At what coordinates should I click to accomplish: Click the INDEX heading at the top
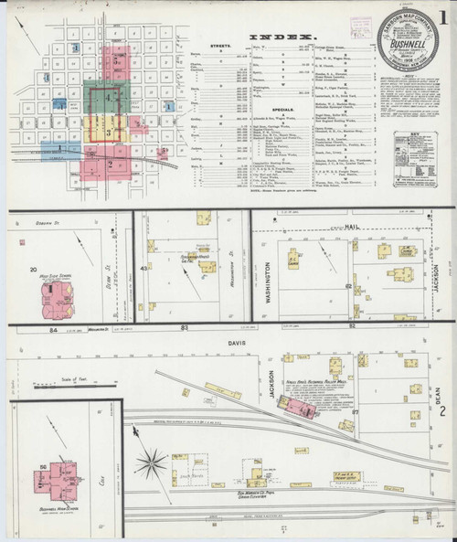(x=278, y=39)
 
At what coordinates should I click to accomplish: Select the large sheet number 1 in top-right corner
(x=442, y=16)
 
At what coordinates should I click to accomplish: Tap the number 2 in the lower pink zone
(x=110, y=165)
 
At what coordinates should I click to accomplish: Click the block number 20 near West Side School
(x=33, y=271)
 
